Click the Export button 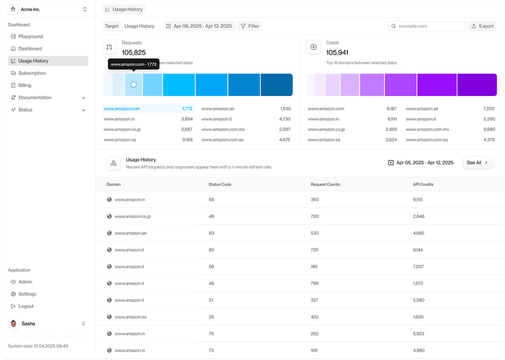pyautogui.click(x=482, y=26)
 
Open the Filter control pyautogui.click(x=250, y=26)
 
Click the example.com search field pyautogui.click(x=427, y=26)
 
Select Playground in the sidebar pyautogui.click(x=30, y=36)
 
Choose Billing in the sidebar pyautogui.click(x=25, y=85)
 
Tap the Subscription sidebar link pyautogui.click(x=32, y=73)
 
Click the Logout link pyautogui.click(x=26, y=306)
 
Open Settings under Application pyautogui.click(x=27, y=294)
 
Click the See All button pyautogui.click(x=477, y=163)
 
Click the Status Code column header pyautogui.click(x=219, y=184)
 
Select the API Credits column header pyautogui.click(x=423, y=184)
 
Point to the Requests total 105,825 pyautogui.click(x=134, y=52)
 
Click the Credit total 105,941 pyautogui.click(x=337, y=52)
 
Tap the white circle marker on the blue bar pyautogui.click(x=134, y=85)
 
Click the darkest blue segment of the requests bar pyautogui.click(x=277, y=85)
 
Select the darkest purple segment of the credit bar pyautogui.click(x=477, y=85)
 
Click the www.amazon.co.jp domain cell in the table pyautogui.click(x=133, y=216)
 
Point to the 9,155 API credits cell pyautogui.click(x=418, y=200)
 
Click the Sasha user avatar pyautogui.click(x=13, y=324)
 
